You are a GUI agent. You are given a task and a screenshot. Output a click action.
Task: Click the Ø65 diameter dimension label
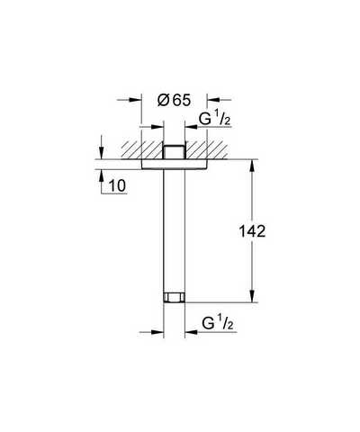174,100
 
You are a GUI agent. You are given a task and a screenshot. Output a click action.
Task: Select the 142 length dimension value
252,231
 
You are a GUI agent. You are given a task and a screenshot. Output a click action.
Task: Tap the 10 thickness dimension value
117,186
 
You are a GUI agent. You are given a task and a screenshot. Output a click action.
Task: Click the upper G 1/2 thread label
215,120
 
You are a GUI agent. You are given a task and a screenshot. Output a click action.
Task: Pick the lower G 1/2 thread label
218,323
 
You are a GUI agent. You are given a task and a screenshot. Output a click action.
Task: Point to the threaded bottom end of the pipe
174,297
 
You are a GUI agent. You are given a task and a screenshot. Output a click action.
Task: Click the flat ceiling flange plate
174,164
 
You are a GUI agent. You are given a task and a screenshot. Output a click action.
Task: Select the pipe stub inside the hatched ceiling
174,152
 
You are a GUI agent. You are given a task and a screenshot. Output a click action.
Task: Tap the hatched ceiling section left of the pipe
142,149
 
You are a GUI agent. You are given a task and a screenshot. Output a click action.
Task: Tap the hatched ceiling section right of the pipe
206,149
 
